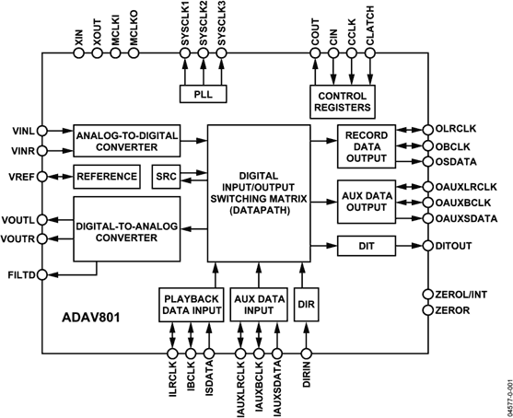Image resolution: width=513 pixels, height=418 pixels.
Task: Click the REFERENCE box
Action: (107, 176)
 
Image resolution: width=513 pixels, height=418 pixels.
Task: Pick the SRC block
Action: (166, 176)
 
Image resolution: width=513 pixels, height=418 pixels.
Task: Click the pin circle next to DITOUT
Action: (426, 246)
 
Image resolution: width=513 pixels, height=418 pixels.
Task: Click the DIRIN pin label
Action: (306, 380)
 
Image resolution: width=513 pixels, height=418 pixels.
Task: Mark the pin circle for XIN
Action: (76, 52)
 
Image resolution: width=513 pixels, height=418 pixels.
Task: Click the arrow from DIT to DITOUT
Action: (409, 246)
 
